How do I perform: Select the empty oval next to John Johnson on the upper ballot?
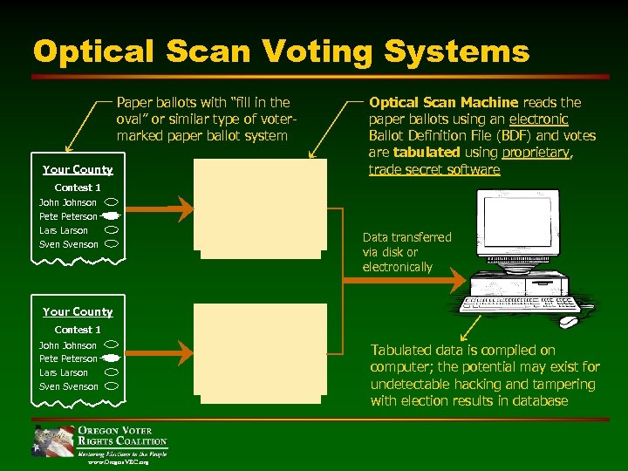click(x=113, y=202)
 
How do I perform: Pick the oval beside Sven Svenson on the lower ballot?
click(x=113, y=386)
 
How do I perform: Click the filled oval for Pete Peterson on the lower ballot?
click(x=111, y=358)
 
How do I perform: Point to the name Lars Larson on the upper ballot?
click(x=64, y=230)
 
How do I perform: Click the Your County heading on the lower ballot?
click(x=78, y=311)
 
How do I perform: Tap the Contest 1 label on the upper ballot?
click(x=78, y=188)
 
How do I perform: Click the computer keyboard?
click(x=520, y=304)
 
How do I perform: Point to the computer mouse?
click(x=568, y=321)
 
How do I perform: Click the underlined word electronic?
click(x=538, y=119)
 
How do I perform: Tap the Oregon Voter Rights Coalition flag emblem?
click(x=53, y=441)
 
